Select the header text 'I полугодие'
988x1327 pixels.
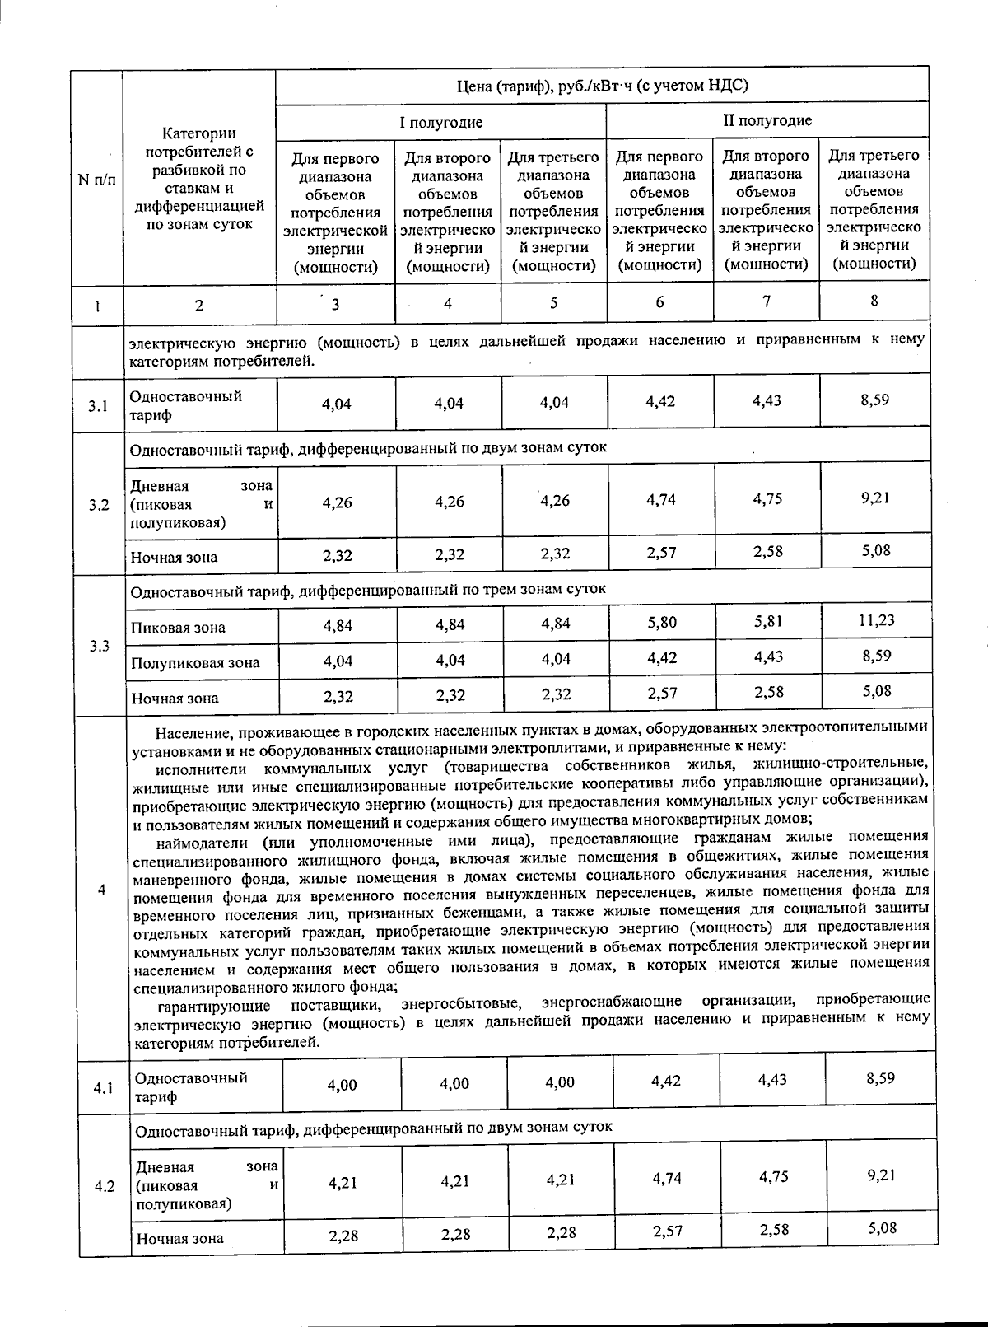click(x=441, y=123)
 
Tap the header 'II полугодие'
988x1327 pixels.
click(x=767, y=120)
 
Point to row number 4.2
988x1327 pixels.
click(x=104, y=1187)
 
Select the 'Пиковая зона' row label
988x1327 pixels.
click(x=178, y=628)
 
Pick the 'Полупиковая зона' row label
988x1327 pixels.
click(x=195, y=662)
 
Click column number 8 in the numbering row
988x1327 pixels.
click(x=874, y=301)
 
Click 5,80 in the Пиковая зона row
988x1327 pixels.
click(x=662, y=623)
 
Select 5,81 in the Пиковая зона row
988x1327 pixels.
click(x=768, y=622)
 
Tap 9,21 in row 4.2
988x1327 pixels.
click(x=881, y=1175)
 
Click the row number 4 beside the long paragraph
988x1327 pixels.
click(x=101, y=890)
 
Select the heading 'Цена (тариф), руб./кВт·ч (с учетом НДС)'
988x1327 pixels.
click(x=603, y=86)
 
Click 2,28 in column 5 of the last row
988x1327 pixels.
click(x=561, y=1233)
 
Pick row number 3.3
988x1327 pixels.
click(x=100, y=646)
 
